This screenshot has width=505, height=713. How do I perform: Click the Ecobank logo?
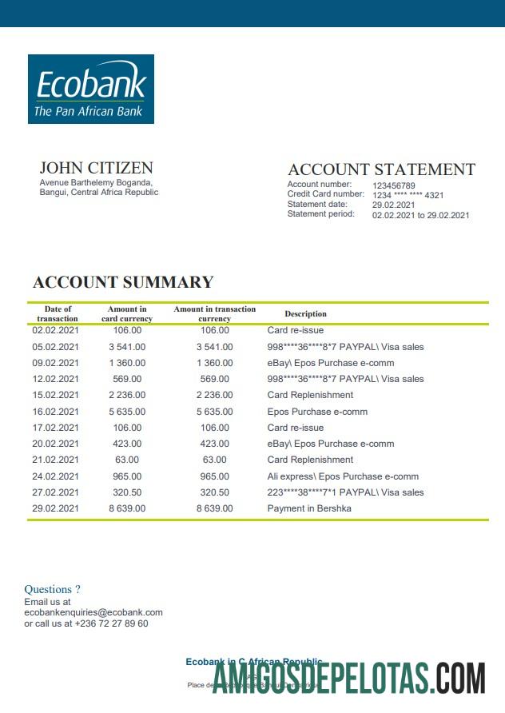[91, 89]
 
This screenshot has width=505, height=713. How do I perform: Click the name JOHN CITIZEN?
[96, 168]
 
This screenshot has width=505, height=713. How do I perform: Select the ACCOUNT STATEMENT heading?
[381, 169]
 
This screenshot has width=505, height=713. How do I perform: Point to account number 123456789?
[394, 185]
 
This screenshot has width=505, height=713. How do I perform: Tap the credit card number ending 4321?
[408, 195]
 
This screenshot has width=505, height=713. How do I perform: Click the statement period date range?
[420, 215]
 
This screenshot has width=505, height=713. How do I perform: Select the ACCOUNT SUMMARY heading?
[123, 282]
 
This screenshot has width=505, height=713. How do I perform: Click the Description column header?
[305, 314]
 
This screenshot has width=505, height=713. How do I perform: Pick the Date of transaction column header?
[58, 314]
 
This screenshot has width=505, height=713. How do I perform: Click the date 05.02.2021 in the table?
[56, 347]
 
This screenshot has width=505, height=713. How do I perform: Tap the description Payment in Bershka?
[309, 508]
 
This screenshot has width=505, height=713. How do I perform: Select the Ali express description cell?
[343, 476]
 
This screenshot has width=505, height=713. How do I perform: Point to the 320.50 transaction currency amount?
[214, 492]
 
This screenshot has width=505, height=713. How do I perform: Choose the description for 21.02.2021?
[310, 460]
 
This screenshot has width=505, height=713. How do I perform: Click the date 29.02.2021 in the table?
[56, 508]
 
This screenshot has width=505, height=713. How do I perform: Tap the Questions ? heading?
[52, 590]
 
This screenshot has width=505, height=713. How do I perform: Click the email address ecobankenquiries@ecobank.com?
[93, 612]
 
